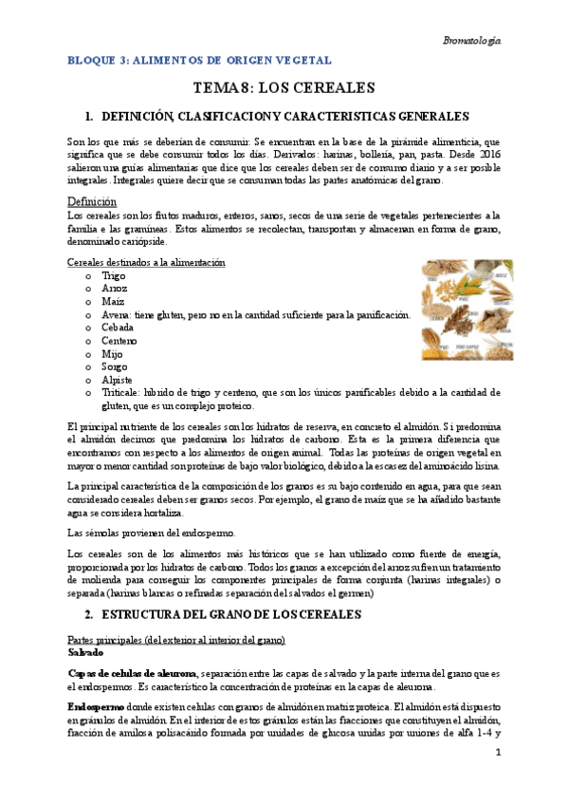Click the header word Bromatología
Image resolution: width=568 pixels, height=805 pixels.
pos(471,41)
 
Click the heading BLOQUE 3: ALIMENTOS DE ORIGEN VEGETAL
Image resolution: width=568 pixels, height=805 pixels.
pos(199,60)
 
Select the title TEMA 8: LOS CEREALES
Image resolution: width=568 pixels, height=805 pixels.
pos(284,88)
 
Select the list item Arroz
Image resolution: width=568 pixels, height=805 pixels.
pos(114,288)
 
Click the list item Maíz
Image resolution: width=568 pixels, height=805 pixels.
pos(113,301)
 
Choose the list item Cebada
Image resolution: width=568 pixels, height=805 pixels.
pos(118,327)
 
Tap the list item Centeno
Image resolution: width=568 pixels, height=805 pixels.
pos(119,340)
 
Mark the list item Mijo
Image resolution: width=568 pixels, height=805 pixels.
pos(112,353)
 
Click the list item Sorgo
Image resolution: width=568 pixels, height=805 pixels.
pos(114,365)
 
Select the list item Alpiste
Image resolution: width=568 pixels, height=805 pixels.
pos(117,379)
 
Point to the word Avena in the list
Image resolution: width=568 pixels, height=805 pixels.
pos(117,314)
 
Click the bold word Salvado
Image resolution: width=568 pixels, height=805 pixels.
pos(87,654)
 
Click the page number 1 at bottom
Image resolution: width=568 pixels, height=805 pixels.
pos(497,753)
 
